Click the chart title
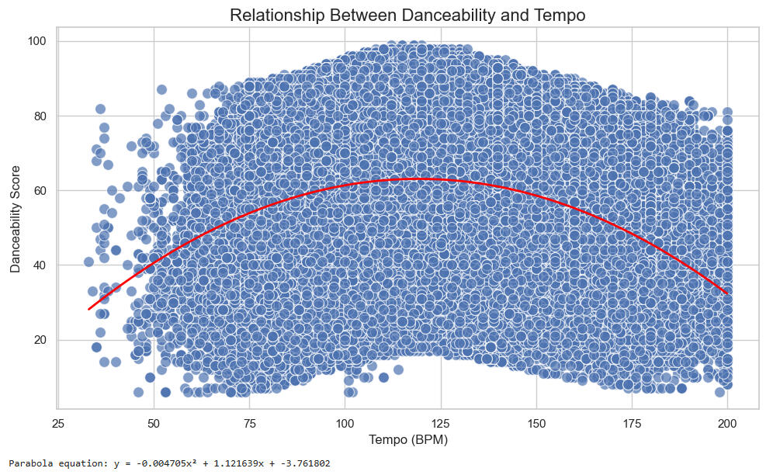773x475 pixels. (x=407, y=15)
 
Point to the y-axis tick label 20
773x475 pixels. (x=41, y=340)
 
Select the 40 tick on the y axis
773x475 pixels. (x=41, y=265)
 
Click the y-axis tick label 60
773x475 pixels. (x=41, y=191)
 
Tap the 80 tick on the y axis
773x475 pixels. (x=41, y=116)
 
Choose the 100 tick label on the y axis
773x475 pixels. (x=38, y=41)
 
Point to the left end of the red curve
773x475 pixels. (x=89, y=309)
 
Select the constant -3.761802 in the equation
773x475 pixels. (x=303, y=464)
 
